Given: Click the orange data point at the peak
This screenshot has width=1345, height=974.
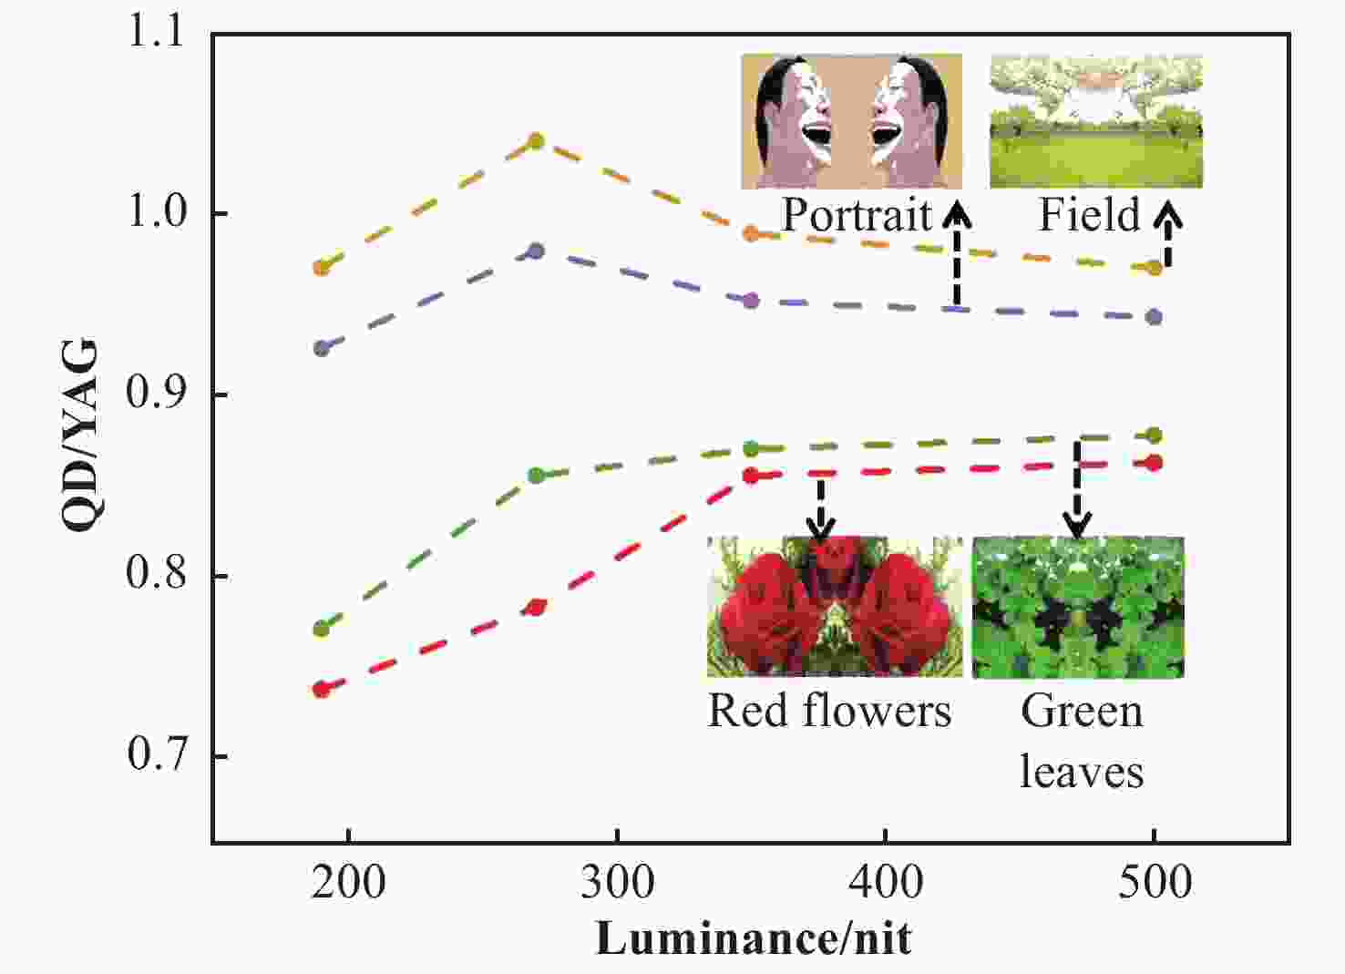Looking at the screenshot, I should point(537,141).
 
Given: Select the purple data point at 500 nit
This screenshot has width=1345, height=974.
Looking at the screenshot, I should point(1154,317).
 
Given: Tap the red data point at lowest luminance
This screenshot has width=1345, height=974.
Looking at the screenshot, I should point(321,690).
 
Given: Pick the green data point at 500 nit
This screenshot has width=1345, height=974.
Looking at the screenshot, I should point(1154,436).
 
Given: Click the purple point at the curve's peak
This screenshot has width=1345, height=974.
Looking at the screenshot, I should point(537,251).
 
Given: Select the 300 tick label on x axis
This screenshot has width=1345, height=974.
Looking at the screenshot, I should point(617,882).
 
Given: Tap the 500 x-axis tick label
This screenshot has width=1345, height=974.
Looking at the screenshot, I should point(1155,882).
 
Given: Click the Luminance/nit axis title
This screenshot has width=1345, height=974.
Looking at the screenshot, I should point(754,938).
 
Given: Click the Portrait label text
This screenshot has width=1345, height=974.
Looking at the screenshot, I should point(857,215).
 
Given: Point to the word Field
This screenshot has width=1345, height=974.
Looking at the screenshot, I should point(1090,215).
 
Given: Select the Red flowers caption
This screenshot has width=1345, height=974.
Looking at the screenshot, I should point(829,711).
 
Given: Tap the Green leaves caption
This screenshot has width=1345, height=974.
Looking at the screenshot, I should point(1081,740).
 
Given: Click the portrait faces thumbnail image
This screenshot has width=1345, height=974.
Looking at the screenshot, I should point(851,121).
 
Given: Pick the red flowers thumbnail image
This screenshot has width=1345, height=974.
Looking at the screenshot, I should point(835,607).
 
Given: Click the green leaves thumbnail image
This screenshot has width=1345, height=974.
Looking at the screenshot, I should point(1078,607).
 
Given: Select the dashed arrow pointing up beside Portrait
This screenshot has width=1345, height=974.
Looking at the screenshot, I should point(956,255).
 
